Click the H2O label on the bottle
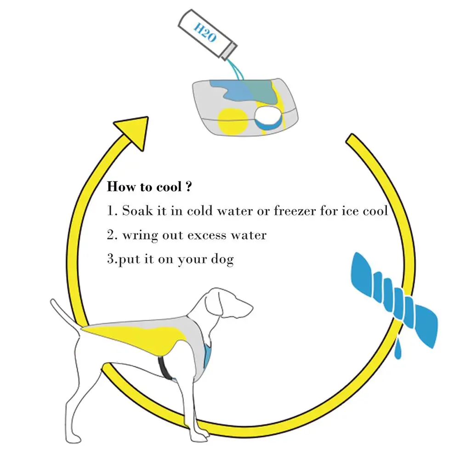(205, 32)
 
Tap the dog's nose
(251, 307)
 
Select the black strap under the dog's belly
(165, 368)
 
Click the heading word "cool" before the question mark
(169, 187)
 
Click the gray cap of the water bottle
(229, 51)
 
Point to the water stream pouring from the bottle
(236, 70)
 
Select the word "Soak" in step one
(137, 211)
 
